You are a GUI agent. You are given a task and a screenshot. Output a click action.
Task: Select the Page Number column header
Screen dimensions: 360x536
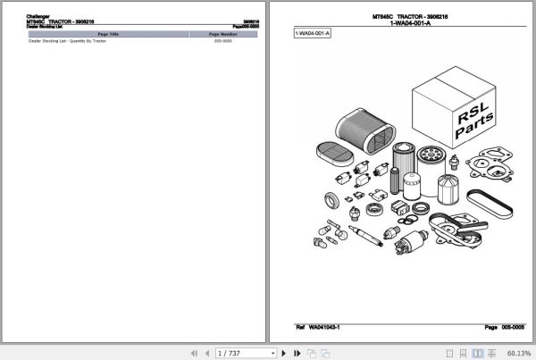coord(222,33)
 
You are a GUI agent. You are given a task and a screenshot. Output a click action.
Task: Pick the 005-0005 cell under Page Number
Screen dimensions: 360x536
coord(222,41)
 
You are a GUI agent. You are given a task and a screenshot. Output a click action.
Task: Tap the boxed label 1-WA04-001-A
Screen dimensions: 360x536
coord(313,34)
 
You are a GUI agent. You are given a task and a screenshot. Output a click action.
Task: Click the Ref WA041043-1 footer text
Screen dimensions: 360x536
coord(323,328)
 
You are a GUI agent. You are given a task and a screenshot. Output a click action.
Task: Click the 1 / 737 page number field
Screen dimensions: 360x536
coord(230,352)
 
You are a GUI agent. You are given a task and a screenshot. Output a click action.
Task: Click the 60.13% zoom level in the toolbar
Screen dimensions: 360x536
coord(516,352)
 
